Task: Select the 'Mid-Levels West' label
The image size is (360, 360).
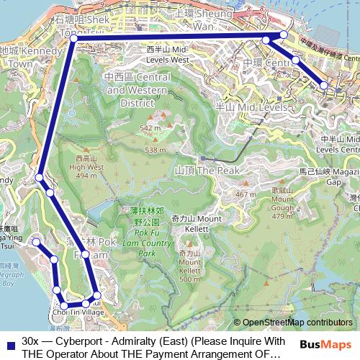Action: [167, 55]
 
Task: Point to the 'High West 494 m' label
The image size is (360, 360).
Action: [86, 166]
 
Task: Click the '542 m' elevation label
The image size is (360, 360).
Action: [150, 127]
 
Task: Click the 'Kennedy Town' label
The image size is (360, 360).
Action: [22, 57]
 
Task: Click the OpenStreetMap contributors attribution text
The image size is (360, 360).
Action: [297, 322]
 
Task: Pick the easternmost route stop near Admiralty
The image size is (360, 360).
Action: [324, 85]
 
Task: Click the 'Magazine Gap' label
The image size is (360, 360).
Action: [341, 177]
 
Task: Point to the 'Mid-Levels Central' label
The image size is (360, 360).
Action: [341, 144]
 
